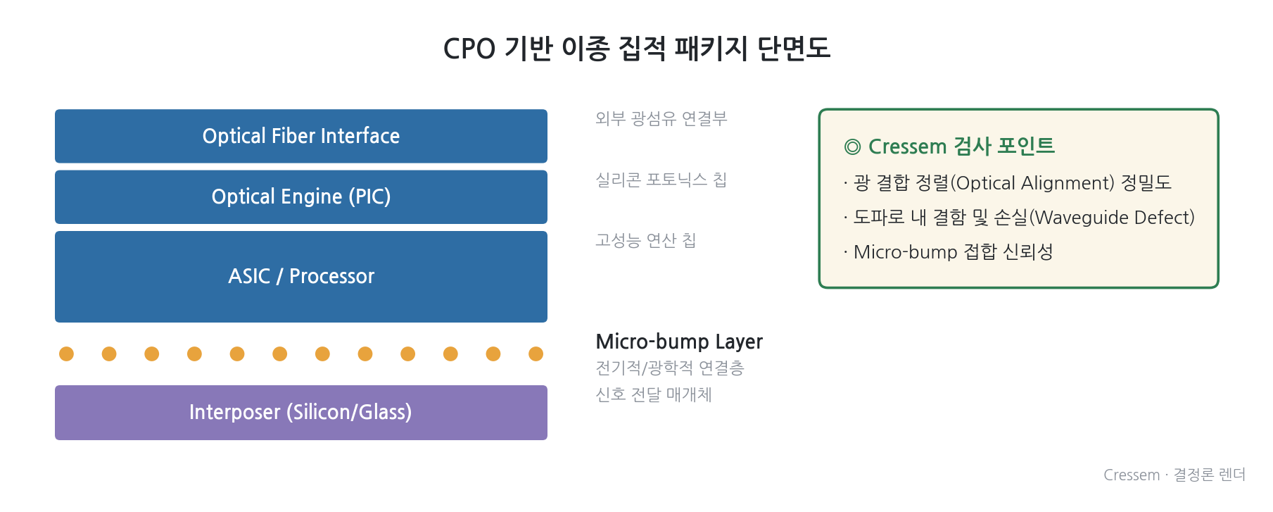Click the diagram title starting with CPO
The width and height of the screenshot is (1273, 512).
click(637, 49)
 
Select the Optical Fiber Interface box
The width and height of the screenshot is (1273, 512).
click(301, 136)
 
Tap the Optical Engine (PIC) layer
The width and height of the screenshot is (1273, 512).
click(301, 197)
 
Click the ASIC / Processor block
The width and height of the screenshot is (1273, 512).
click(301, 277)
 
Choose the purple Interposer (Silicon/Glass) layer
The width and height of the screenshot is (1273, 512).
click(301, 413)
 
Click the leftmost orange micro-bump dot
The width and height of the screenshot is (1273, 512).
click(66, 354)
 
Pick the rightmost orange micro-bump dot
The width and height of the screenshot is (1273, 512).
click(536, 354)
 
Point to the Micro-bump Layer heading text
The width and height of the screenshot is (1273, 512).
click(679, 342)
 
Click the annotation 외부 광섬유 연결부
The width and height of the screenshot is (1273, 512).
click(661, 118)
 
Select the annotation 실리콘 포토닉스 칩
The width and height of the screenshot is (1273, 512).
click(661, 180)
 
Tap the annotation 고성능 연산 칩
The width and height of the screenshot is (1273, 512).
click(646, 240)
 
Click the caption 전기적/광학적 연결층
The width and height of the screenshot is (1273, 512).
click(670, 368)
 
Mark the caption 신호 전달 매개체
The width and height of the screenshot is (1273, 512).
click(654, 394)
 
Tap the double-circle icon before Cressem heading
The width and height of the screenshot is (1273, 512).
click(852, 146)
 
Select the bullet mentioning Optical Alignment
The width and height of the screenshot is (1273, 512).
click(1008, 183)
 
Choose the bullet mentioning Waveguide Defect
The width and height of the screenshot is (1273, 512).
click(1019, 218)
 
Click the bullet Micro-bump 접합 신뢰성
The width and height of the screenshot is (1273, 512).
click(948, 252)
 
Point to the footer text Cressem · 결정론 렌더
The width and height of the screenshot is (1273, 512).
click(1174, 475)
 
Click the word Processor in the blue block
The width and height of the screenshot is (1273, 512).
click(331, 276)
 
